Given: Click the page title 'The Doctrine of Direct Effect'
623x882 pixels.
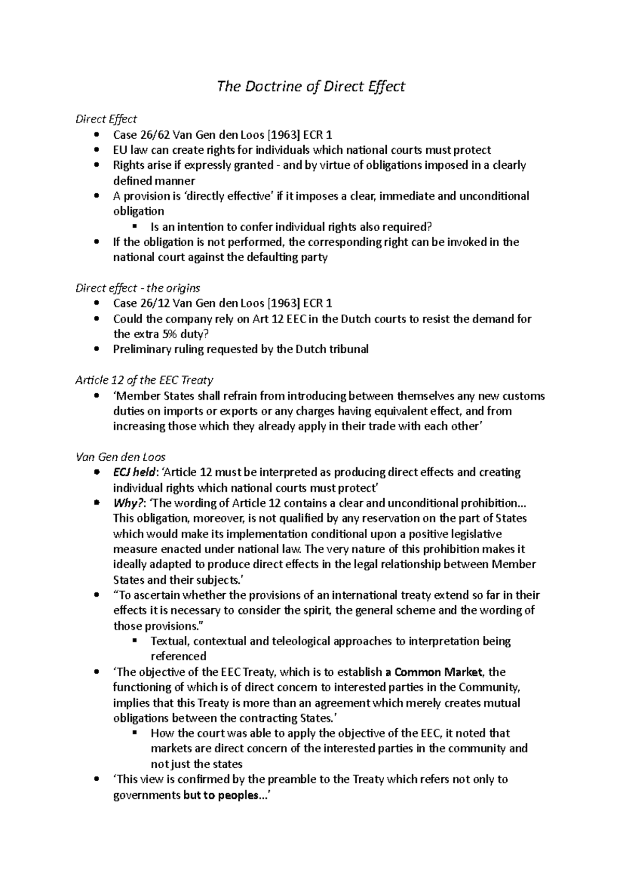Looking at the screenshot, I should pos(310,86).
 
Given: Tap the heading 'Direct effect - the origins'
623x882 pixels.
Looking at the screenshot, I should pos(138,288).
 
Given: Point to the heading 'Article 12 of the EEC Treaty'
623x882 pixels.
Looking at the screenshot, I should pos(144,380).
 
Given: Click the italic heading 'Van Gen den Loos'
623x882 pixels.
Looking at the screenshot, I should pos(120,457).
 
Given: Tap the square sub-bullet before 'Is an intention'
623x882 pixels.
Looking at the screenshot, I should pos(134,227).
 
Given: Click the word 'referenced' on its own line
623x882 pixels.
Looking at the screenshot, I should pos(178,657).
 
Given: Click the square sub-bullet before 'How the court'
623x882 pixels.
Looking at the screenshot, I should pos(134,733).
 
